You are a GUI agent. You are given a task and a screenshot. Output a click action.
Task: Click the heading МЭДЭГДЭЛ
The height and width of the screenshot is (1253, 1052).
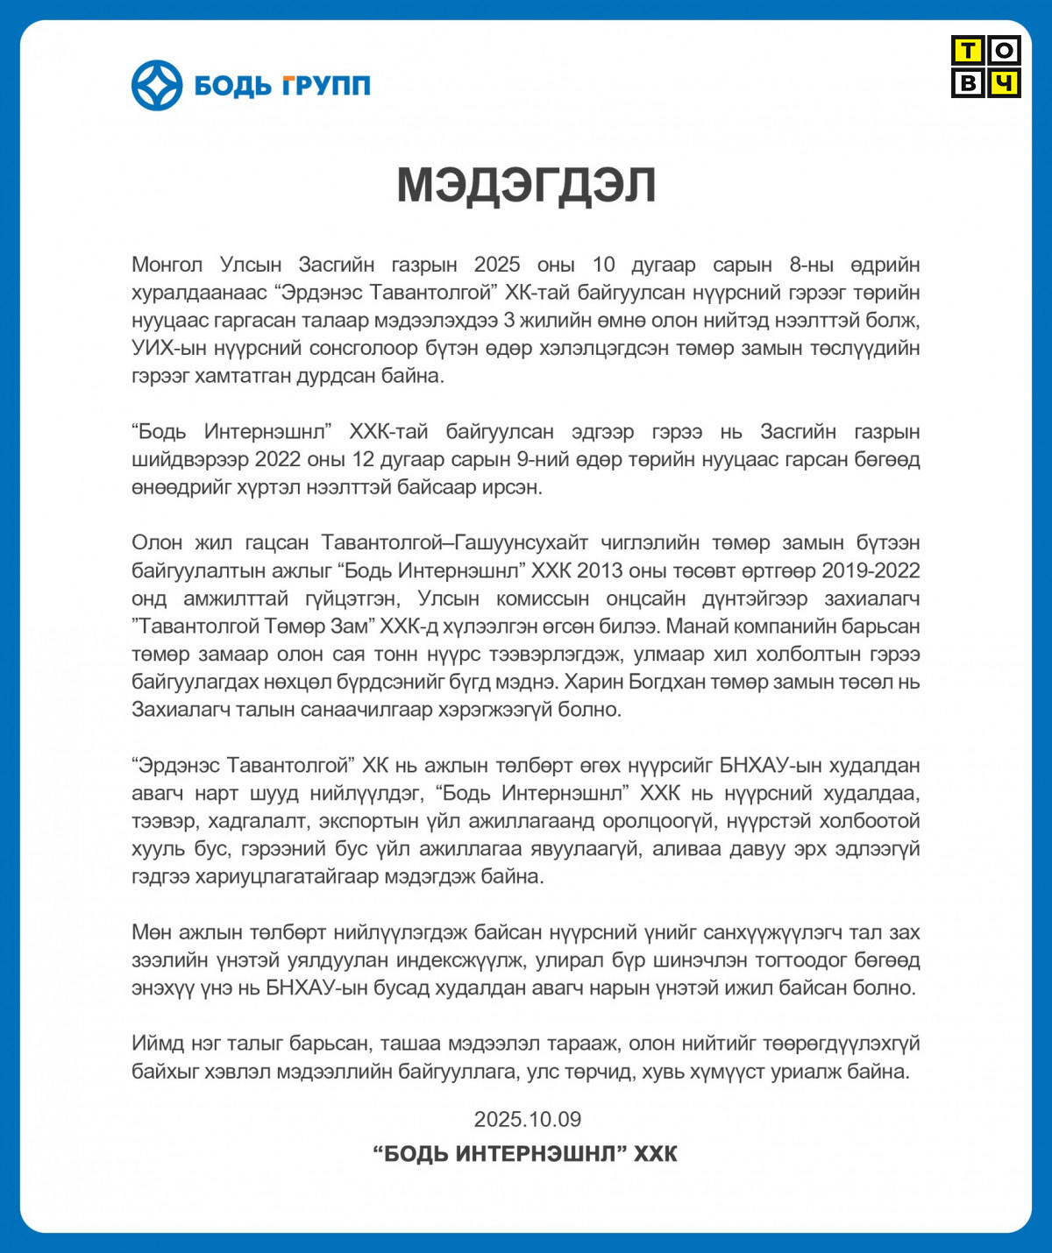click(526, 185)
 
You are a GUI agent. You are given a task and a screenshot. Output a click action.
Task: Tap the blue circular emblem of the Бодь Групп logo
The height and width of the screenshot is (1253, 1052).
click(157, 85)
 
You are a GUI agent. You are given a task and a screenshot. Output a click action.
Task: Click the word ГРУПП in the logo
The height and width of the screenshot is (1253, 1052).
click(326, 86)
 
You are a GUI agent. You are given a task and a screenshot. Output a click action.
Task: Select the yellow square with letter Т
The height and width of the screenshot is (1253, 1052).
click(968, 51)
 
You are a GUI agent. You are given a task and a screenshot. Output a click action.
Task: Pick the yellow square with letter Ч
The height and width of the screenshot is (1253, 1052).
click(1004, 82)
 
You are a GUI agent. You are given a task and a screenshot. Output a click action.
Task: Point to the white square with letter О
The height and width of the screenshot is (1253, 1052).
click(1004, 51)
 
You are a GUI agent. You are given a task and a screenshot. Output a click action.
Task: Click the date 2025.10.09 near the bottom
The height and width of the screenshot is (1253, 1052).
click(527, 1119)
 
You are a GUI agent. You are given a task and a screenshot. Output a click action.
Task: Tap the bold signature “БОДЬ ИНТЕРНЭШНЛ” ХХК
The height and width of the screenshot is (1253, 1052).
click(525, 1153)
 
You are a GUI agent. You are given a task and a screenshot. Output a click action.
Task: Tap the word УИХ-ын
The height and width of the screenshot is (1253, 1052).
click(163, 348)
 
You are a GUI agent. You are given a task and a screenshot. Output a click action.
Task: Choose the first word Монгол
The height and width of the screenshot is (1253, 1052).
click(167, 265)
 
